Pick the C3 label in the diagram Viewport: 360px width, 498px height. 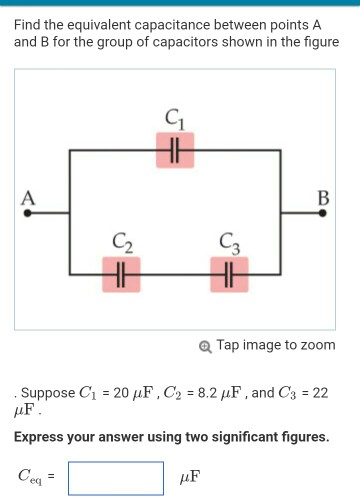tap(230, 241)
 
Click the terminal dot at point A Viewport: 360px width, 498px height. tap(28, 212)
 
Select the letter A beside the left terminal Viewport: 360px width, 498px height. tap(30, 197)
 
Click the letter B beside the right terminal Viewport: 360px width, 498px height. tap(322, 196)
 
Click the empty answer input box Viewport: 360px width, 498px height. tap(115, 477)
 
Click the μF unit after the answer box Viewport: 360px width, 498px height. tap(189, 478)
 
